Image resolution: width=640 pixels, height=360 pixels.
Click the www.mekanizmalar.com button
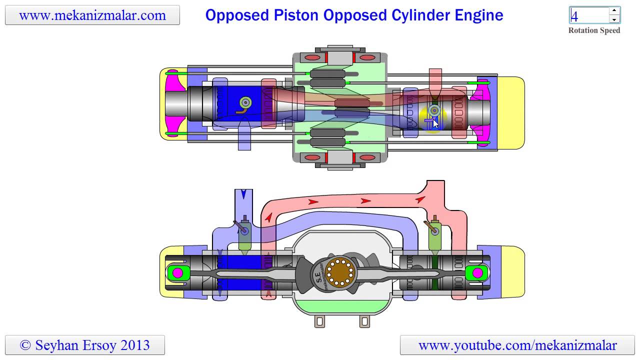92,15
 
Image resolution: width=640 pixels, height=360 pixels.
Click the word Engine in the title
475,15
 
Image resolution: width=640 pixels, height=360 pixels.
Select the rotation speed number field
589,15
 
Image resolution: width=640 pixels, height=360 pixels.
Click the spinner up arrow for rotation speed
614,11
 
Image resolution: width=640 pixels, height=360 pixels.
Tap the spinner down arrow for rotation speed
614,19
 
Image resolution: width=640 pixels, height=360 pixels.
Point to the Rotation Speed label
594,30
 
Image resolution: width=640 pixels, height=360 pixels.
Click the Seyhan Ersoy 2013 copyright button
85,345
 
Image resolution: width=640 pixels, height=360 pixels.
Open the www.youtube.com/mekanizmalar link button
517,345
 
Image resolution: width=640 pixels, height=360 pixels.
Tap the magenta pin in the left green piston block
177,273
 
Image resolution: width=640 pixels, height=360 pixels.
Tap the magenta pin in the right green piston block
477,273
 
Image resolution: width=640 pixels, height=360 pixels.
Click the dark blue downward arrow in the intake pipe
243,194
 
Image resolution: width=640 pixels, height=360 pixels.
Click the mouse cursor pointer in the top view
435,123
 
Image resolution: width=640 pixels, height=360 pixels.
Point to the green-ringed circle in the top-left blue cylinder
245,102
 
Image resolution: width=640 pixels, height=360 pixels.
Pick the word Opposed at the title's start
237,15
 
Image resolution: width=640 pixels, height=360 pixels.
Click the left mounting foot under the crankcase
320,321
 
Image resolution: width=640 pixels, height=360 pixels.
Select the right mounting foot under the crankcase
364,321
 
